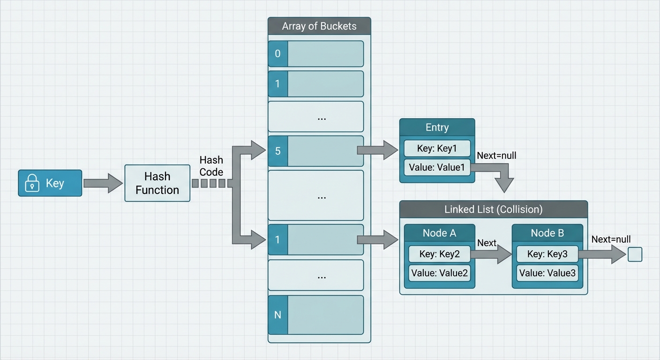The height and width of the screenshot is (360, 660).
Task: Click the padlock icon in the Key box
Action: [x=32, y=183]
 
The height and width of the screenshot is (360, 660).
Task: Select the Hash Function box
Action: [x=157, y=183]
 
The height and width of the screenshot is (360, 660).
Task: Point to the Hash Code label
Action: [x=211, y=166]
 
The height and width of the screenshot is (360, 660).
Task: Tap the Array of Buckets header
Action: [x=319, y=26]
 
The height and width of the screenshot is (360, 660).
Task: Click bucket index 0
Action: [x=277, y=53]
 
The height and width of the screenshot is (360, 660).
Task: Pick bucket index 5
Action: [x=277, y=151]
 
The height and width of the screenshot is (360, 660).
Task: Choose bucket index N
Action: [x=277, y=315]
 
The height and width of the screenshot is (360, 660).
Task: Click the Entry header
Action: [x=437, y=127]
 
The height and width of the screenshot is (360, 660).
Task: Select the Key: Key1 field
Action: [x=437, y=149]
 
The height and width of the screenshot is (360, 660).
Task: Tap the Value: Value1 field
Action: [x=437, y=167]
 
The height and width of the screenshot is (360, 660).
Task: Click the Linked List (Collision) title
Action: [x=493, y=209]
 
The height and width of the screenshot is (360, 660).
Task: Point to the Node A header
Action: [x=439, y=233]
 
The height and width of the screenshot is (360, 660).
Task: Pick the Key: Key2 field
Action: [x=439, y=254]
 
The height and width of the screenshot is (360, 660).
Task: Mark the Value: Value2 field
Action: [x=439, y=273]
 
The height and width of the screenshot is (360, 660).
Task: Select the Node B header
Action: [x=547, y=233]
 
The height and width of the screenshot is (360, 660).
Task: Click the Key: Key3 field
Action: [x=547, y=254]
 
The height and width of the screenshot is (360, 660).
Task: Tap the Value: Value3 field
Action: [x=547, y=273]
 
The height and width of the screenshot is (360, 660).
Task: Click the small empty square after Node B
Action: [x=635, y=255]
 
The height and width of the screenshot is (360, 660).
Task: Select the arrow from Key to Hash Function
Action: [x=103, y=183]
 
